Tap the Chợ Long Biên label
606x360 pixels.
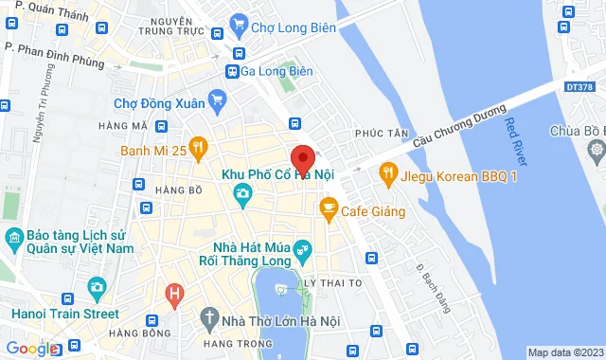(294, 28)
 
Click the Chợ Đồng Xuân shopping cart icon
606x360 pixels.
(218, 98)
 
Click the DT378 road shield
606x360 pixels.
(578, 86)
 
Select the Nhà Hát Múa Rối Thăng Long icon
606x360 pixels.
(302, 251)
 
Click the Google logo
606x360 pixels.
(30, 349)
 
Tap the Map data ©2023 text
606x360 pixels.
(565, 352)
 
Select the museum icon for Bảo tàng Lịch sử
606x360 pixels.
(14, 236)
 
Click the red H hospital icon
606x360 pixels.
(172, 294)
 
